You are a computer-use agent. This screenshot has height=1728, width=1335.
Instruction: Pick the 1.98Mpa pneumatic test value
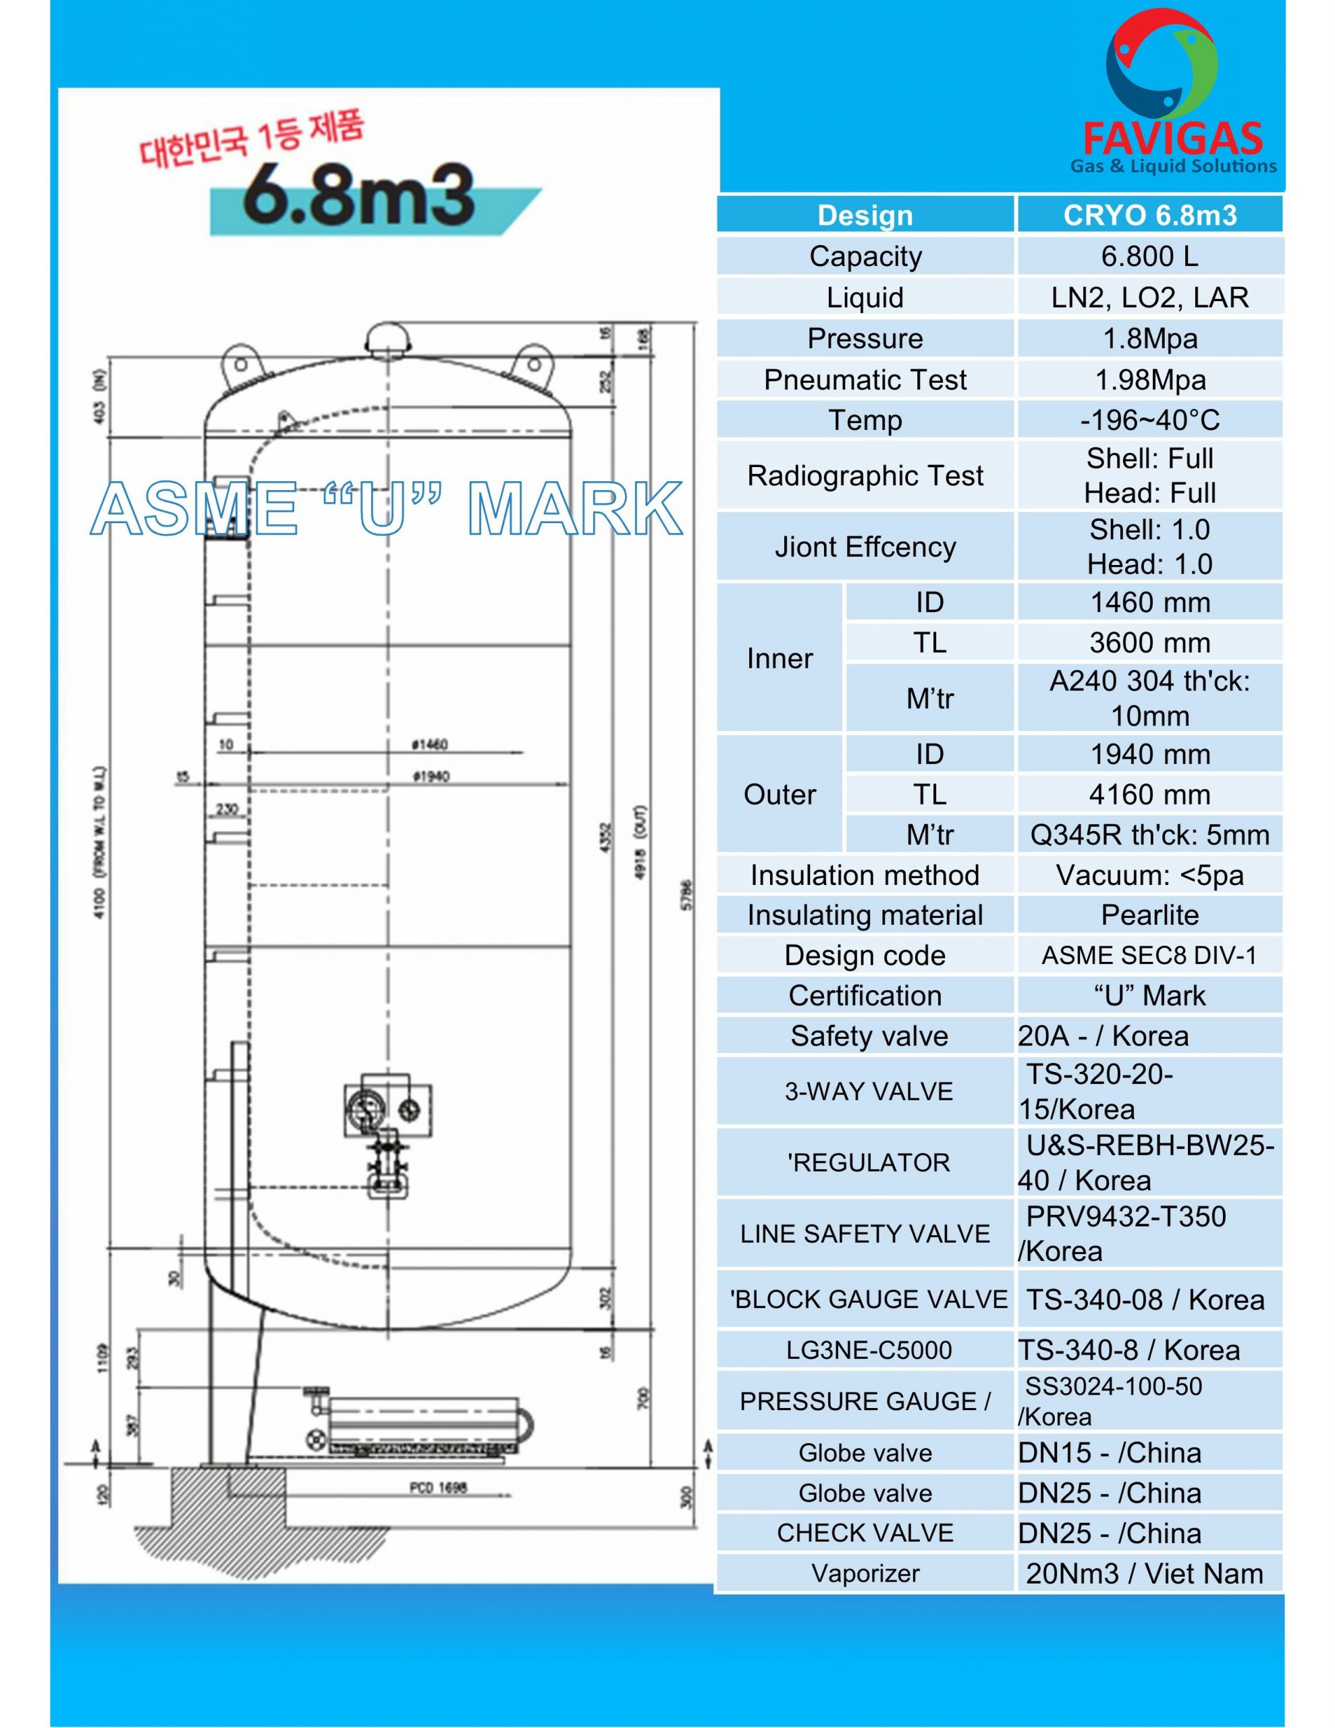[x=1150, y=380]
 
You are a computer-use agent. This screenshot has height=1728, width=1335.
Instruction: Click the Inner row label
[x=780, y=658]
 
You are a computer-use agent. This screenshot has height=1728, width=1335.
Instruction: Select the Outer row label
[x=780, y=794]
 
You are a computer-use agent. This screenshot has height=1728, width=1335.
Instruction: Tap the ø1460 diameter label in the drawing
[x=430, y=745]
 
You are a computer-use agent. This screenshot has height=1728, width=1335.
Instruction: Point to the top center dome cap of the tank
[x=388, y=339]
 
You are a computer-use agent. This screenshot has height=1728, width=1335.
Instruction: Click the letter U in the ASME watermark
[x=381, y=508]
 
